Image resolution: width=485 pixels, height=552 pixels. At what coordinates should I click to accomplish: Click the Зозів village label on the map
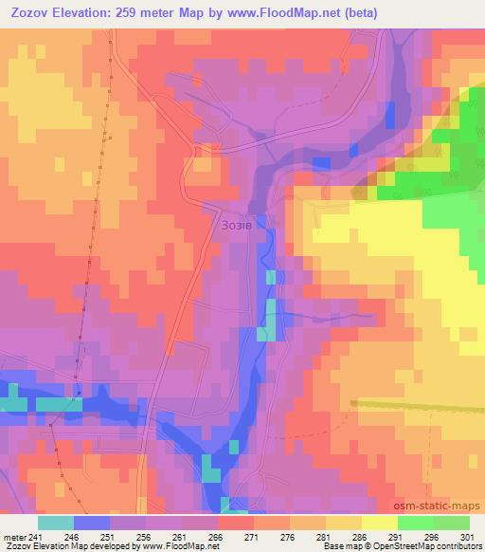tap(235, 226)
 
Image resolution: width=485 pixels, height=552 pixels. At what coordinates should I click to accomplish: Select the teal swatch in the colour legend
tap(55, 523)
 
